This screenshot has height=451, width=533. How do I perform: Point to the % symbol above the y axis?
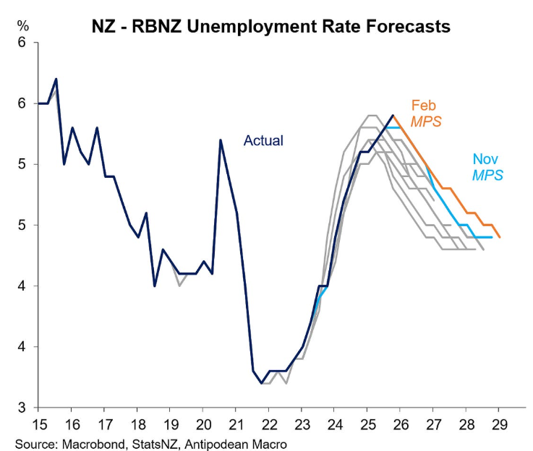click(23, 27)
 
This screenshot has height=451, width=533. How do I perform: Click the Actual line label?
click(263, 141)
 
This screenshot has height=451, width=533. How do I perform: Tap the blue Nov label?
click(485, 159)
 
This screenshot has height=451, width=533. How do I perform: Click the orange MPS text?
click(426, 121)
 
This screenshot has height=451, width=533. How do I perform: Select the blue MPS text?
click(487, 175)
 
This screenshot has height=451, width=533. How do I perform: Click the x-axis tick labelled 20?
click(202, 424)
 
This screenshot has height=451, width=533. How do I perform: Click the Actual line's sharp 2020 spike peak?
click(220, 139)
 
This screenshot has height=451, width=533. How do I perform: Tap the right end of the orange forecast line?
click(499, 236)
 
